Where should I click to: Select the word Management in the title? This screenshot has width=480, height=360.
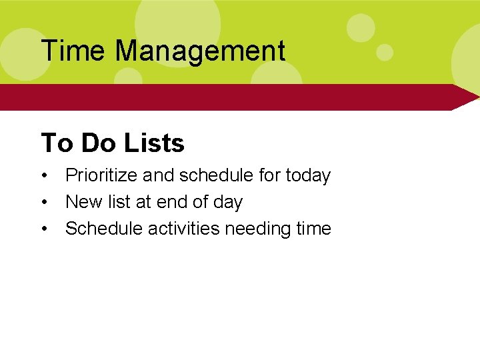tap(200, 51)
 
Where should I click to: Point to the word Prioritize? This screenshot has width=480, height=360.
tap(101, 176)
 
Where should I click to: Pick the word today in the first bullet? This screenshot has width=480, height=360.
tap(308, 176)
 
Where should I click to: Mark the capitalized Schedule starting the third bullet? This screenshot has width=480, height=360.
tap(103, 229)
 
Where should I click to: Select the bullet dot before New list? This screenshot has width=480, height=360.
tap(44, 203)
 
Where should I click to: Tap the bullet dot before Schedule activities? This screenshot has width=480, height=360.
tap(44, 229)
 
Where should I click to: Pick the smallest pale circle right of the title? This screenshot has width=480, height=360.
tap(385, 52)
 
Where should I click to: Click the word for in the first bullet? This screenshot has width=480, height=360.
tap(270, 176)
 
